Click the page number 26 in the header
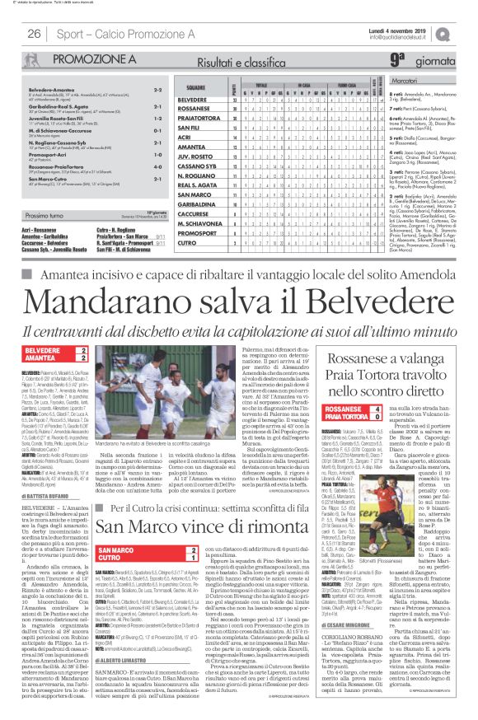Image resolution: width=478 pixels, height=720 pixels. [35, 33]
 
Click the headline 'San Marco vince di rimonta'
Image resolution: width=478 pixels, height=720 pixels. [219, 478]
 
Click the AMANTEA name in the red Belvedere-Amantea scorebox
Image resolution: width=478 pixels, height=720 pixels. [40, 357]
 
